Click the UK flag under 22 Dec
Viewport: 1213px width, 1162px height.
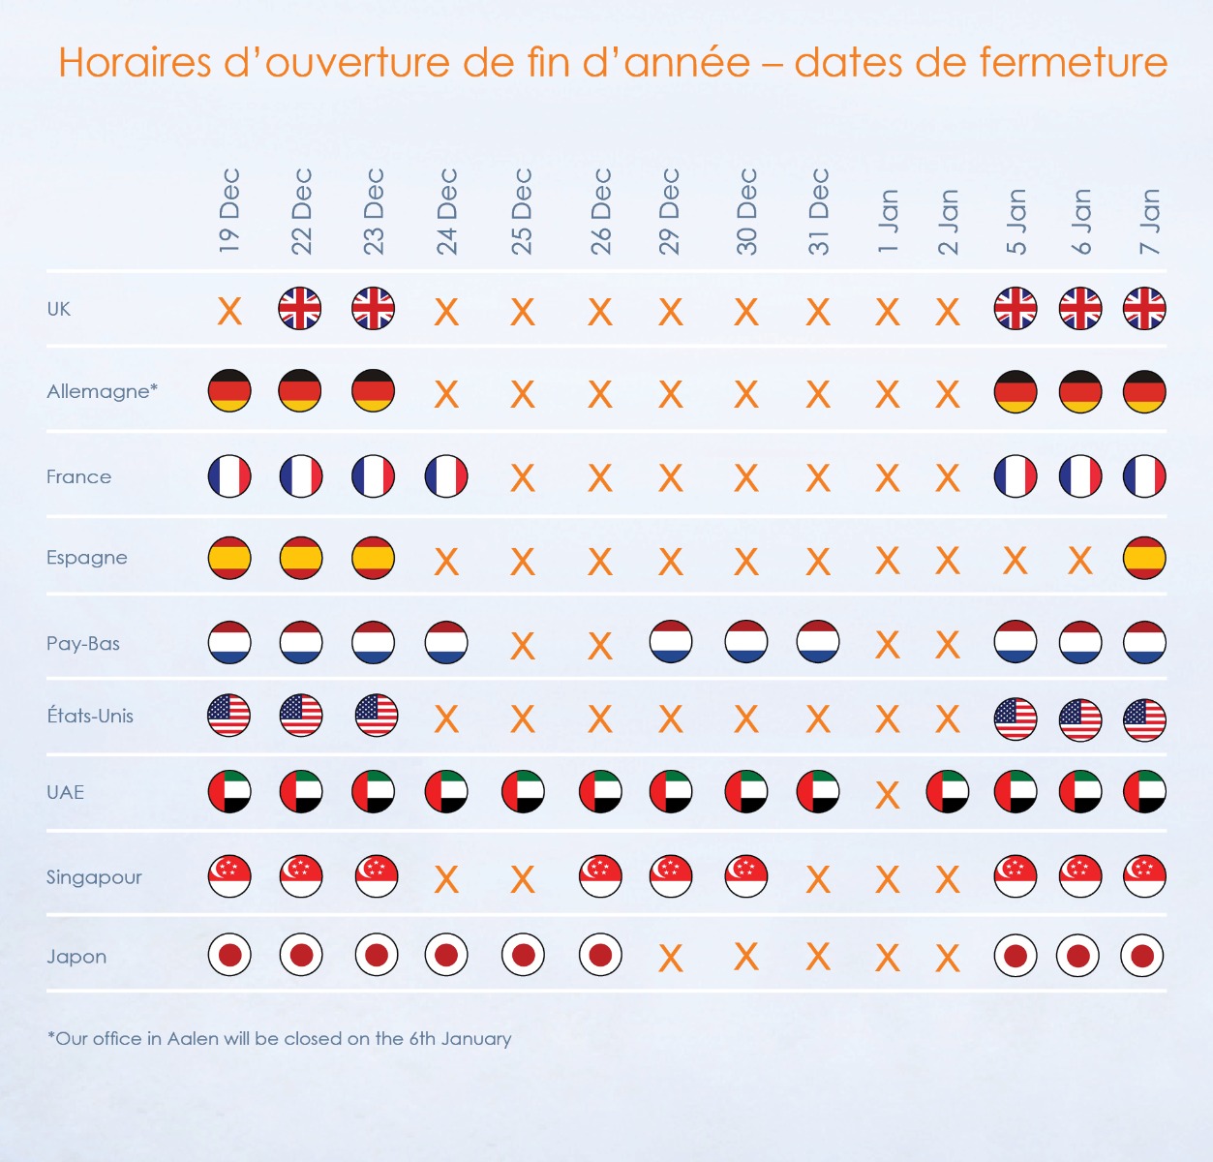tap(300, 309)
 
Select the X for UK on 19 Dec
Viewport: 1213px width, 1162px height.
tap(229, 311)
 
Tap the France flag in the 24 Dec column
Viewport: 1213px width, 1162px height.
tap(446, 476)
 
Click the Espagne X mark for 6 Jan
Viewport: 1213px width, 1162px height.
tap(1079, 560)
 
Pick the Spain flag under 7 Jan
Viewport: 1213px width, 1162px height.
tap(1144, 558)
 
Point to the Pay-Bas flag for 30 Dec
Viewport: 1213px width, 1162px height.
tap(746, 642)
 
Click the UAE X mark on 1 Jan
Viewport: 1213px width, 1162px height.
tap(888, 795)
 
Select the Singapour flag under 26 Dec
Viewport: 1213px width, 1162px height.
tap(600, 876)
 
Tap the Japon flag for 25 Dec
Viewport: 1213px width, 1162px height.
tap(523, 956)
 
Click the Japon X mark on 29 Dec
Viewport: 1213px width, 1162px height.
tap(670, 959)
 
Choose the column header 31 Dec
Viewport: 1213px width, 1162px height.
tap(819, 212)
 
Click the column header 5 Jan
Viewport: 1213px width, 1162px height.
tap(1016, 222)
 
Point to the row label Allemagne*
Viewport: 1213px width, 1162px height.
tap(102, 391)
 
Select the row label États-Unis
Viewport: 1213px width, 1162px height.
tap(90, 716)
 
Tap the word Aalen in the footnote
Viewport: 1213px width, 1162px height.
tap(193, 1038)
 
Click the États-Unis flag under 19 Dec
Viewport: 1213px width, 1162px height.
tap(229, 716)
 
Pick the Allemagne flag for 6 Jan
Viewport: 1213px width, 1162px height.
tap(1079, 392)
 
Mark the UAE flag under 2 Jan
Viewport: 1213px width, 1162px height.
tap(948, 792)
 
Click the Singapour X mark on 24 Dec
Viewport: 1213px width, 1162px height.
tap(446, 879)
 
